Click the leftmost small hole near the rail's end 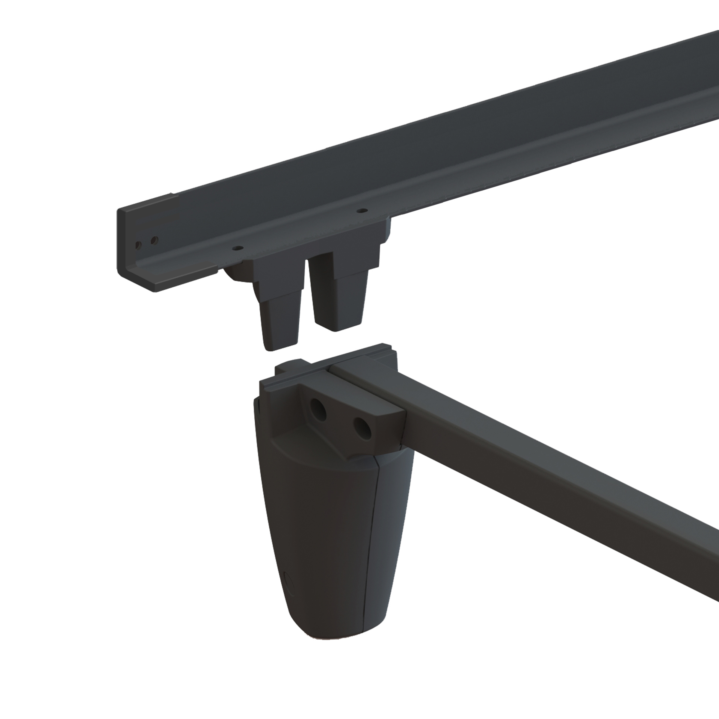138,245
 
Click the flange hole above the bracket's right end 360,211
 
